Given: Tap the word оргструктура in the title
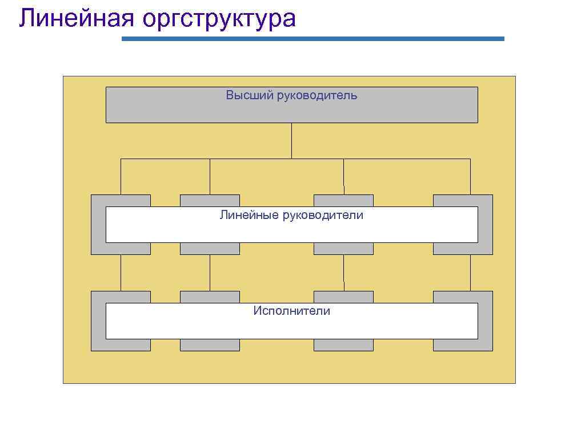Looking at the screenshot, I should point(219,19).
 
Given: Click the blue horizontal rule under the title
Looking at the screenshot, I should point(313,39).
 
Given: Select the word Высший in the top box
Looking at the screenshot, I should point(249,95).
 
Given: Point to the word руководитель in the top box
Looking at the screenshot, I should point(317,95).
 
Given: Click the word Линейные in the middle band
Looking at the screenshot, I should point(249,215).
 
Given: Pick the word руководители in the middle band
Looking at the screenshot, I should point(323,215).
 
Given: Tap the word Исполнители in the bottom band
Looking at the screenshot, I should point(292,311).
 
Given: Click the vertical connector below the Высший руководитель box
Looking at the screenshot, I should point(291,140).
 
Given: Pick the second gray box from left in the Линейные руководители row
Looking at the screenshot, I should point(210,200).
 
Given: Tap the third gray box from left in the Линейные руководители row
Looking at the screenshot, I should point(343,200).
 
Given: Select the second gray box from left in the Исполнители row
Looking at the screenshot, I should point(210,297).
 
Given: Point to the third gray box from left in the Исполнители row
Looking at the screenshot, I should point(343,297).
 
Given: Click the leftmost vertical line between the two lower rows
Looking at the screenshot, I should point(121,273).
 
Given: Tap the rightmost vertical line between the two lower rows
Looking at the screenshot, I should point(470,273).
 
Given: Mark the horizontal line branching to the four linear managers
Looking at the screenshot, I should point(257,159).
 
